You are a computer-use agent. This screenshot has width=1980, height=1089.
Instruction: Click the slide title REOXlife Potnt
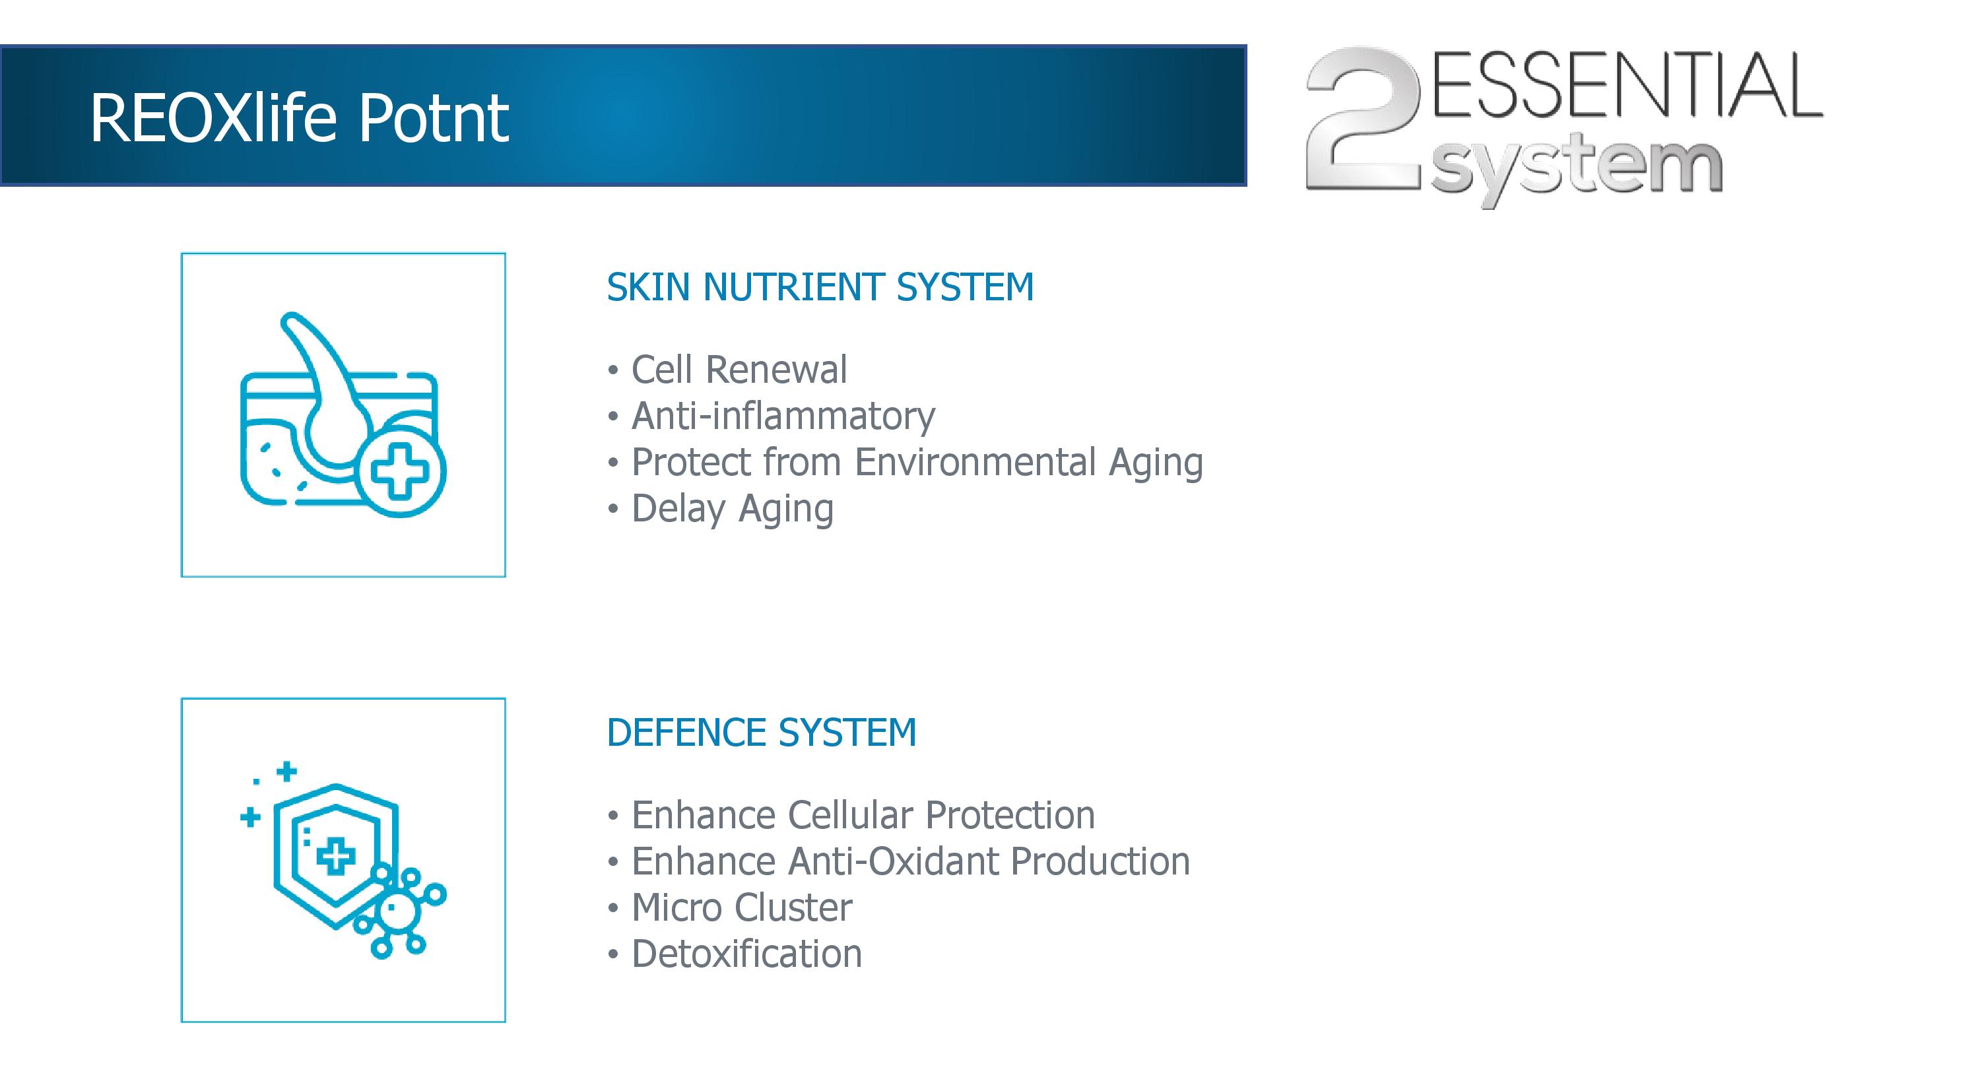pyautogui.click(x=299, y=117)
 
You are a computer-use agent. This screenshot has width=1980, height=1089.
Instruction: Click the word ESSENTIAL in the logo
pyautogui.click(x=1627, y=84)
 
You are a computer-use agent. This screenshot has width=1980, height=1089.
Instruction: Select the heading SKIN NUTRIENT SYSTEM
pyautogui.click(x=820, y=287)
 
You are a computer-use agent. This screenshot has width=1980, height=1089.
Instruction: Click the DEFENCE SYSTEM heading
pyautogui.click(x=762, y=733)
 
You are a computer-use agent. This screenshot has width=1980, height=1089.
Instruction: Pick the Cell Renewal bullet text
pyautogui.click(x=739, y=370)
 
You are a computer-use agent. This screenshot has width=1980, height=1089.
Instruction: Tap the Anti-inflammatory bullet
pyautogui.click(x=783, y=416)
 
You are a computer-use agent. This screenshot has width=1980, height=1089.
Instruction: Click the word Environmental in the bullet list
pyautogui.click(x=975, y=462)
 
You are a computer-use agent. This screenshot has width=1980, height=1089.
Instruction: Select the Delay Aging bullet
pyautogui.click(x=733, y=509)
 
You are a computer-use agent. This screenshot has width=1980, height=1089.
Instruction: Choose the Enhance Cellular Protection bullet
pyautogui.click(x=863, y=814)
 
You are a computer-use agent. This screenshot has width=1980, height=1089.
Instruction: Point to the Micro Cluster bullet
pyautogui.click(x=742, y=907)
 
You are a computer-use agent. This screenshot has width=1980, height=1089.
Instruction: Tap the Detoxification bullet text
pyautogui.click(x=746, y=954)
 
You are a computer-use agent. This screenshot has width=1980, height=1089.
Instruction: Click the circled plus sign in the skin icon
pyautogui.click(x=400, y=471)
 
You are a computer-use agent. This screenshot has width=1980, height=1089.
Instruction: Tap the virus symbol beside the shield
pyautogui.click(x=399, y=911)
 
